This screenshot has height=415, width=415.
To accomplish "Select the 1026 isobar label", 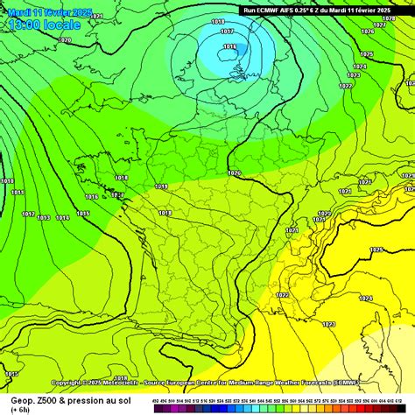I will [x=367, y=32].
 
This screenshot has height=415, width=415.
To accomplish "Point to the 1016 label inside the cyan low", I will [x=229, y=46].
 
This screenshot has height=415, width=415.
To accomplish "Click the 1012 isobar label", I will [x=28, y=215].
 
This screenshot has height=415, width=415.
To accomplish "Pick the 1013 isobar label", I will [x=43, y=217].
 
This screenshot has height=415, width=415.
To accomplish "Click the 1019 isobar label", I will [x=161, y=186].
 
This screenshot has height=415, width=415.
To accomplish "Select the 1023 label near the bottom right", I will [x=328, y=325].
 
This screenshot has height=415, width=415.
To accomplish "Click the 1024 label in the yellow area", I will [x=365, y=298].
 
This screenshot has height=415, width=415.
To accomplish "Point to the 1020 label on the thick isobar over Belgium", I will [x=234, y=173].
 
